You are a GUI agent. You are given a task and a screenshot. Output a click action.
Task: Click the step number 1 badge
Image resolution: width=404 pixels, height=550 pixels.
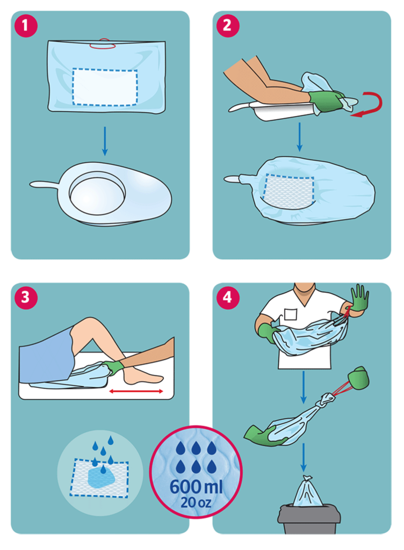coord(26,26)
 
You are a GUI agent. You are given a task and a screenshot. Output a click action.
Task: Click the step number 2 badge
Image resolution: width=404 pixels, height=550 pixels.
coord(228,26)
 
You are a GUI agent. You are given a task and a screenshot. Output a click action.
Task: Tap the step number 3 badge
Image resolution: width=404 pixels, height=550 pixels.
coord(26,298)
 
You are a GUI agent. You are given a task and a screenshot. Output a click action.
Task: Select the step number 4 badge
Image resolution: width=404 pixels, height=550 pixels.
coord(228,298)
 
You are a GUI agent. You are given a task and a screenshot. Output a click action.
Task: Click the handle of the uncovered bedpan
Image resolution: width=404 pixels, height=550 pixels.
coord(44,184)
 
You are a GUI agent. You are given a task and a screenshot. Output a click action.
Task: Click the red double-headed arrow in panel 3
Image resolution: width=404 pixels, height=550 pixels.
coord(136,391)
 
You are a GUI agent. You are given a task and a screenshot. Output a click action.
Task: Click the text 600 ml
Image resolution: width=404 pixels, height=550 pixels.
coord(196,487)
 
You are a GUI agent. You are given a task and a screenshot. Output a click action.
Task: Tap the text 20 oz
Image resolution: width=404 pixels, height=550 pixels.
coord(196,502)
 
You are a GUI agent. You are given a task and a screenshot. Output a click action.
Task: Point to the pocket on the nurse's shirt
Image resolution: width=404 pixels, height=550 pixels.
coord(291,314)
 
